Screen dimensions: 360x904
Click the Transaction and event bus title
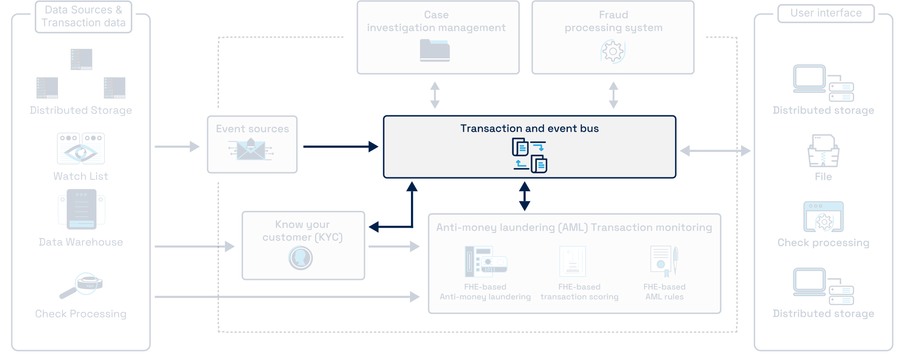[x=529, y=128]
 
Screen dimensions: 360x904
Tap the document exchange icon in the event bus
[x=529, y=155]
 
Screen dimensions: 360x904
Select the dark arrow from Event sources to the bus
[x=340, y=147]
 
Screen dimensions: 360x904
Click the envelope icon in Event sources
[x=251, y=150]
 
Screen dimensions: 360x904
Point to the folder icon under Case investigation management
[x=435, y=50]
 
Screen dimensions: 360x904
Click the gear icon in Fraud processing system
[x=613, y=51]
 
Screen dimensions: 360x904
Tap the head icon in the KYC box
[x=300, y=258]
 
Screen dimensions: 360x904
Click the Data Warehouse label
[x=81, y=242]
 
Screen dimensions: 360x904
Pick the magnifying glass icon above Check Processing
[x=81, y=285]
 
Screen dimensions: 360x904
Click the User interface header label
[x=826, y=13]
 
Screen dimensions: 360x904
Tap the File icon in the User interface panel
[x=823, y=151]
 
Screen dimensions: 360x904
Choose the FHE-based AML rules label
[x=664, y=292]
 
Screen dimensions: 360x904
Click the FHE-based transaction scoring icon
[x=573, y=261]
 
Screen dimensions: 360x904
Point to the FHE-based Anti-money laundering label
[x=485, y=292]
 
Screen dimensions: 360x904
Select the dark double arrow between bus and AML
[x=525, y=196]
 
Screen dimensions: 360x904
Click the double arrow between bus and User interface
[x=715, y=151]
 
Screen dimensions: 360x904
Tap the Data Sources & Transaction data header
[x=83, y=16]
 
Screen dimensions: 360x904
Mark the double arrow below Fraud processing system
[x=613, y=95]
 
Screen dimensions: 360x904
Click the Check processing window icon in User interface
[x=823, y=217]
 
